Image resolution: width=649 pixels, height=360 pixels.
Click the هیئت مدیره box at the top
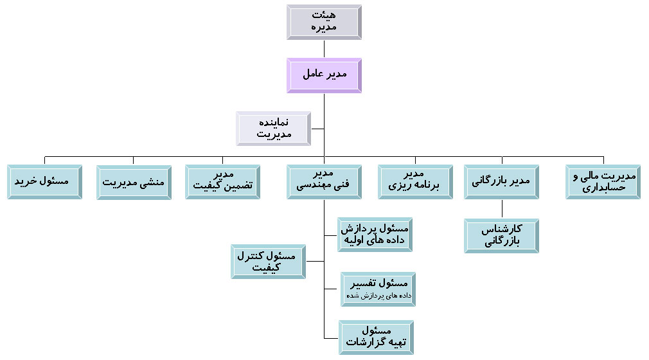pyautogui.click(x=324, y=22)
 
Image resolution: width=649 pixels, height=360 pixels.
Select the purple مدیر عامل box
pyautogui.click(x=324, y=75)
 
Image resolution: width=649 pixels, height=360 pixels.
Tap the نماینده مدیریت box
pyautogui.click(x=274, y=129)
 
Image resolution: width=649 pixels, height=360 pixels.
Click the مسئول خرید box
pyautogui.click(x=45, y=182)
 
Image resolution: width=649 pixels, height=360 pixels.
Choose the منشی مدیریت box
pyautogui.click(x=134, y=183)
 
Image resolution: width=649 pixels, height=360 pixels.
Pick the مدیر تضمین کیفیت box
pyautogui.click(x=223, y=182)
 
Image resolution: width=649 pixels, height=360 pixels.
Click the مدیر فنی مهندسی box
pyautogui.click(x=324, y=182)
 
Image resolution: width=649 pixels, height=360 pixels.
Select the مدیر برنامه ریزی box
pyautogui.click(x=415, y=182)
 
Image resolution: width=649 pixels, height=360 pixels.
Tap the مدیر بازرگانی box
pyautogui.click(x=502, y=182)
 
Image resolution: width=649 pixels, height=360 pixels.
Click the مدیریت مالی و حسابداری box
pyautogui.click(x=603, y=182)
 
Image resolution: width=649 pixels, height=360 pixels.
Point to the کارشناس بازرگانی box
pyautogui.click(x=502, y=236)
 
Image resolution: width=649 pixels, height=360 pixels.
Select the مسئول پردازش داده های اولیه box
pyautogui.click(x=375, y=235)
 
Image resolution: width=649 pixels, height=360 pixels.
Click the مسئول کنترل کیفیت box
pyautogui.click(x=268, y=262)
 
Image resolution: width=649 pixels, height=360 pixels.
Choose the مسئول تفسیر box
pyautogui.click(x=378, y=289)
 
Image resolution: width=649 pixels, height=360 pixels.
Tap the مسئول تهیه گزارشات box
pyautogui.click(x=377, y=337)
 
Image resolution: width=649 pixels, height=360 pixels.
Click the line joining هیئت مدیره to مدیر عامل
pyautogui.click(x=324, y=49)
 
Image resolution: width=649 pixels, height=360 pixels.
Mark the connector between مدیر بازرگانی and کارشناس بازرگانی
pyautogui.click(x=502, y=209)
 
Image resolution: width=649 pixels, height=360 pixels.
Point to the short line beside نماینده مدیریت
pyautogui.click(x=317, y=129)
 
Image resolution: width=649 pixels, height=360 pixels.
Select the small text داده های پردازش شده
pyautogui.click(x=378, y=295)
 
